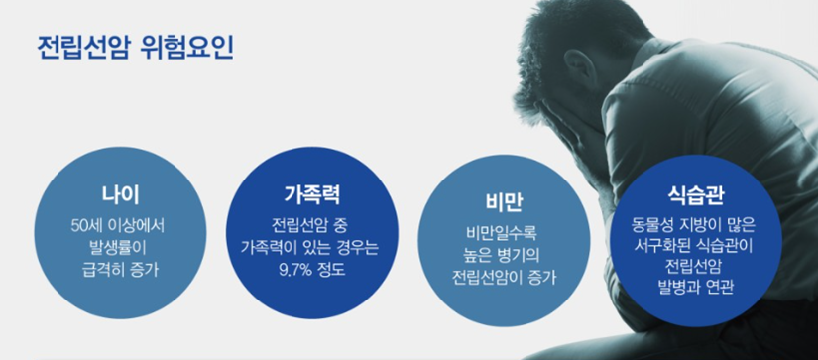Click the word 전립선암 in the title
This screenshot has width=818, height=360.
pyautogui.click(x=82, y=48)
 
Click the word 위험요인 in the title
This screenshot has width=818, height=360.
pyautogui.click(x=187, y=48)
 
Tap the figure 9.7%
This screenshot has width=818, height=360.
pyautogui.click(x=295, y=272)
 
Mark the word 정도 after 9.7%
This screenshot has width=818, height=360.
pyautogui.click(x=331, y=272)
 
